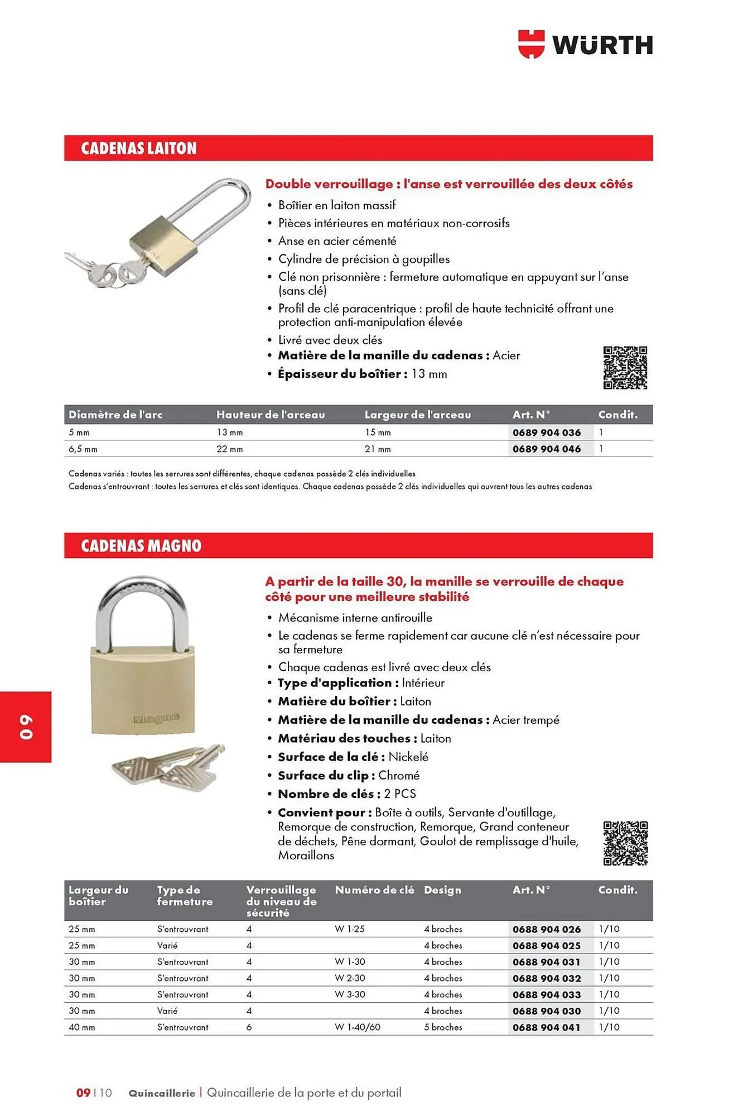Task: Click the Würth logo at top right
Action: (585, 45)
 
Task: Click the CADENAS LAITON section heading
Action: (139, 148)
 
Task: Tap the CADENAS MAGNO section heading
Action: (141, 546)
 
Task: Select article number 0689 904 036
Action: (547, 432)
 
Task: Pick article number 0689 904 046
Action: (547, 449)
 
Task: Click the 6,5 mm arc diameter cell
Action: (83, 449)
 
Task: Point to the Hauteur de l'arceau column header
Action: (271, 415)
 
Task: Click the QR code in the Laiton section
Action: (625, 368)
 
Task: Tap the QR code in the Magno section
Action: (625, 843)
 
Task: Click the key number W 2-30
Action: (350, 978)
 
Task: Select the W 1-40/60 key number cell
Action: (357, 1027)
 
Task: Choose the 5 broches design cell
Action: (443, 1027)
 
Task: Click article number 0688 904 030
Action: (547, 1011)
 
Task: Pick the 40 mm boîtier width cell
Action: (82, 1027)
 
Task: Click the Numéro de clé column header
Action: (374, 890)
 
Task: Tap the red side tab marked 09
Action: (26, 727)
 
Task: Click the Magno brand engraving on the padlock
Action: (157, 718)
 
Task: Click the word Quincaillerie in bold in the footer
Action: (162, 1093)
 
